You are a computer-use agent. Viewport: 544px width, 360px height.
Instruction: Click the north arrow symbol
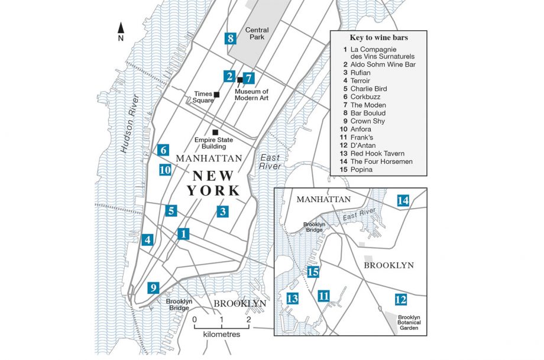point(121,28)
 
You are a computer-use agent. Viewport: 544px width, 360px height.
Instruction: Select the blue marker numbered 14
point(403,200)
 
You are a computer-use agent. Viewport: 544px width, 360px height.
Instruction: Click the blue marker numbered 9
point(154,288)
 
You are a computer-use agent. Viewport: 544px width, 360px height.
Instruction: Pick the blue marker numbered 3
point(222,211)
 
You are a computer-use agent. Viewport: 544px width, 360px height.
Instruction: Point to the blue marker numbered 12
point(401,300)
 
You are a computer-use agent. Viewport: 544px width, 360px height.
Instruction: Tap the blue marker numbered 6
point(163,150)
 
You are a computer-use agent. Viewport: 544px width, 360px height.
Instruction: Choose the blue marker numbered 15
point(313,272)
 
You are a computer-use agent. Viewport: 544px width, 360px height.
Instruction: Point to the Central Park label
point(257,34)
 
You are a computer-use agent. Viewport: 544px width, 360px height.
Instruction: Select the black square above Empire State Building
point(215,132)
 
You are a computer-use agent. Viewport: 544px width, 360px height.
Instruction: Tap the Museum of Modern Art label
point(252,95)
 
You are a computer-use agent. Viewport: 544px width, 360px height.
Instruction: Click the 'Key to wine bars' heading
point(377,38)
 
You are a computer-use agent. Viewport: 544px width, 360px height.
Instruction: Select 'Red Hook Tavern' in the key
point(373,153)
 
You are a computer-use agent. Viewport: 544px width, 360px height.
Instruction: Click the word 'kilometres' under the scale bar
point(222,335)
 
